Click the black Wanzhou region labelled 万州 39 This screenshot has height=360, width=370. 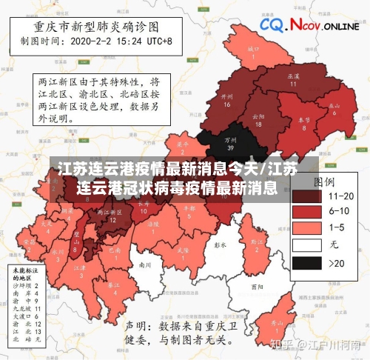pyautogui.click(x=231, y=141)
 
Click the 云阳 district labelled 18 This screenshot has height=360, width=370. pyautogui.click(x=258, y=120)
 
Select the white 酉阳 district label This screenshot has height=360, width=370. pyautogui.click(x=256, y=286)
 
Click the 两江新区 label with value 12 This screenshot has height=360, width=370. pyautogui.click(x=112, y=216)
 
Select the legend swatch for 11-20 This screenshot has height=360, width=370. pyautogui.click(x=306, y=197)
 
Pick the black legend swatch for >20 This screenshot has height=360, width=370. pyautogui.click(x=306, y=263)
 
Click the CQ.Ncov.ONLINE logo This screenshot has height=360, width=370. pyautogui.click(x=309, y=26)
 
